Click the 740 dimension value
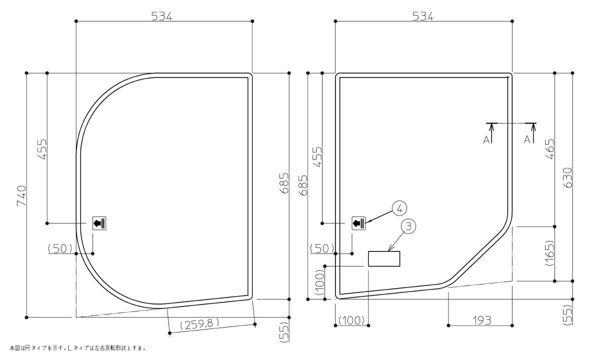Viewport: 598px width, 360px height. pos(21,195)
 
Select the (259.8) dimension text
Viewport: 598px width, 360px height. pos(199,324)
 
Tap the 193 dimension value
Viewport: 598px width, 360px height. pos(482,320)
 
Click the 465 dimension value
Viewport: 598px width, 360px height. pos(550,149)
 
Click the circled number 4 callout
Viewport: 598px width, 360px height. pos(399,208)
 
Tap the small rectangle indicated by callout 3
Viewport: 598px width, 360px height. pos(384,258)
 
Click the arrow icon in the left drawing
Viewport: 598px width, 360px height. pos(99,223)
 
